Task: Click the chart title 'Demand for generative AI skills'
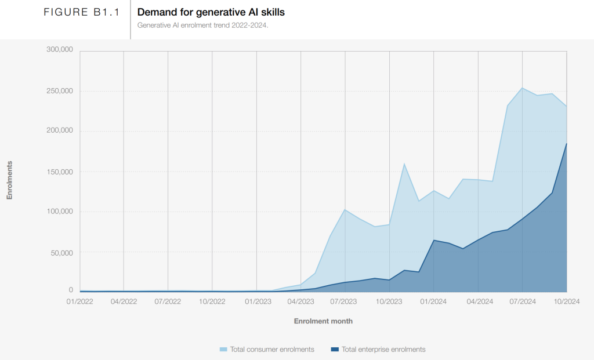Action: pyautogui.click(x=211, y=12)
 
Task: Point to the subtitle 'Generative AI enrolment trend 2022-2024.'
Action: pyautogui.click(x=202, y=25)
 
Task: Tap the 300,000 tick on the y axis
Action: pyautogui.click(x=59, y=50)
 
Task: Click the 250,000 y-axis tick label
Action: pyautogui.click(x=59, y=91)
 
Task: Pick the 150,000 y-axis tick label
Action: pyautogui.click(x=59, y=172)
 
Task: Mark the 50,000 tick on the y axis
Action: pyautogui.click(x=61, y=253)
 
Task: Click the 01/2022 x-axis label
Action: pyautogui.click(x=79, y=301)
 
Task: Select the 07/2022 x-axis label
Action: pyautogui.click(x=168, y=301)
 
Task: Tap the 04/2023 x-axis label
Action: pyautogui.click(x=300, y=301)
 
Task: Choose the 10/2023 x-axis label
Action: pyautogui.click(x=389, y=301)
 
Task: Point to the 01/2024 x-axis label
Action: pyautogui.click(x=433, y=301)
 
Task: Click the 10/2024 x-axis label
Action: pyautogui.click(x=566, y=301)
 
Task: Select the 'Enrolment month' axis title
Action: pyautogui.click(x=323, y=321)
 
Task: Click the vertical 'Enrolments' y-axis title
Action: pyautogui.click(x=9, y=180)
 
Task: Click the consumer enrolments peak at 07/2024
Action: pyautogui.click(x=522, y=88)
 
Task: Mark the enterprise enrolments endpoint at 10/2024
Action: pyautogui.click(x=566, y=144)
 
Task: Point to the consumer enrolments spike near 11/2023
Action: pyautogui.click(x=404, y=164)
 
